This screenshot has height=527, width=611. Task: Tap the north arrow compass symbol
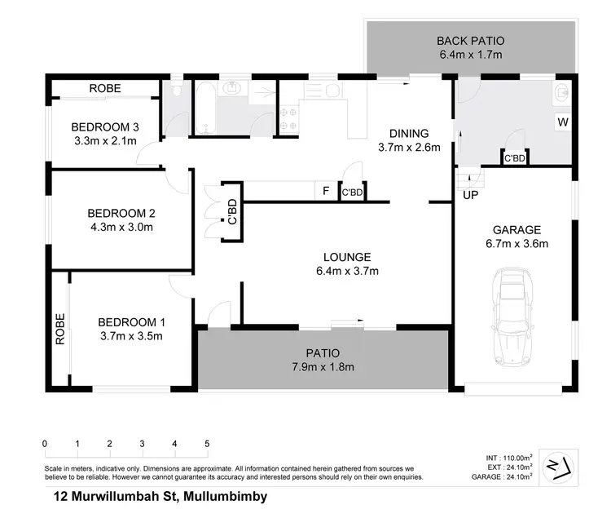pos(559,465)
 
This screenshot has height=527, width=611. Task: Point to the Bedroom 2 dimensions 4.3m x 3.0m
pos(121,227)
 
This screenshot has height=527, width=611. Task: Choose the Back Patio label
pos(470,41)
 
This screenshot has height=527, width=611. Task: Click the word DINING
pos(408,134)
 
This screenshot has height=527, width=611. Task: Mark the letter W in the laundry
pos(562,122)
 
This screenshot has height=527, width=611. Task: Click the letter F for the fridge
pos(326,192)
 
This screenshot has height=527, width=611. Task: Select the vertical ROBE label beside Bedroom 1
pos(60,330)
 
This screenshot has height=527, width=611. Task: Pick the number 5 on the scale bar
pos(207,444)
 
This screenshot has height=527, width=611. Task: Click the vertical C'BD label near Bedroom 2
pos(231,213)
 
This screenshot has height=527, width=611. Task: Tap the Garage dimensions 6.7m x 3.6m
pos(516,243)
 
